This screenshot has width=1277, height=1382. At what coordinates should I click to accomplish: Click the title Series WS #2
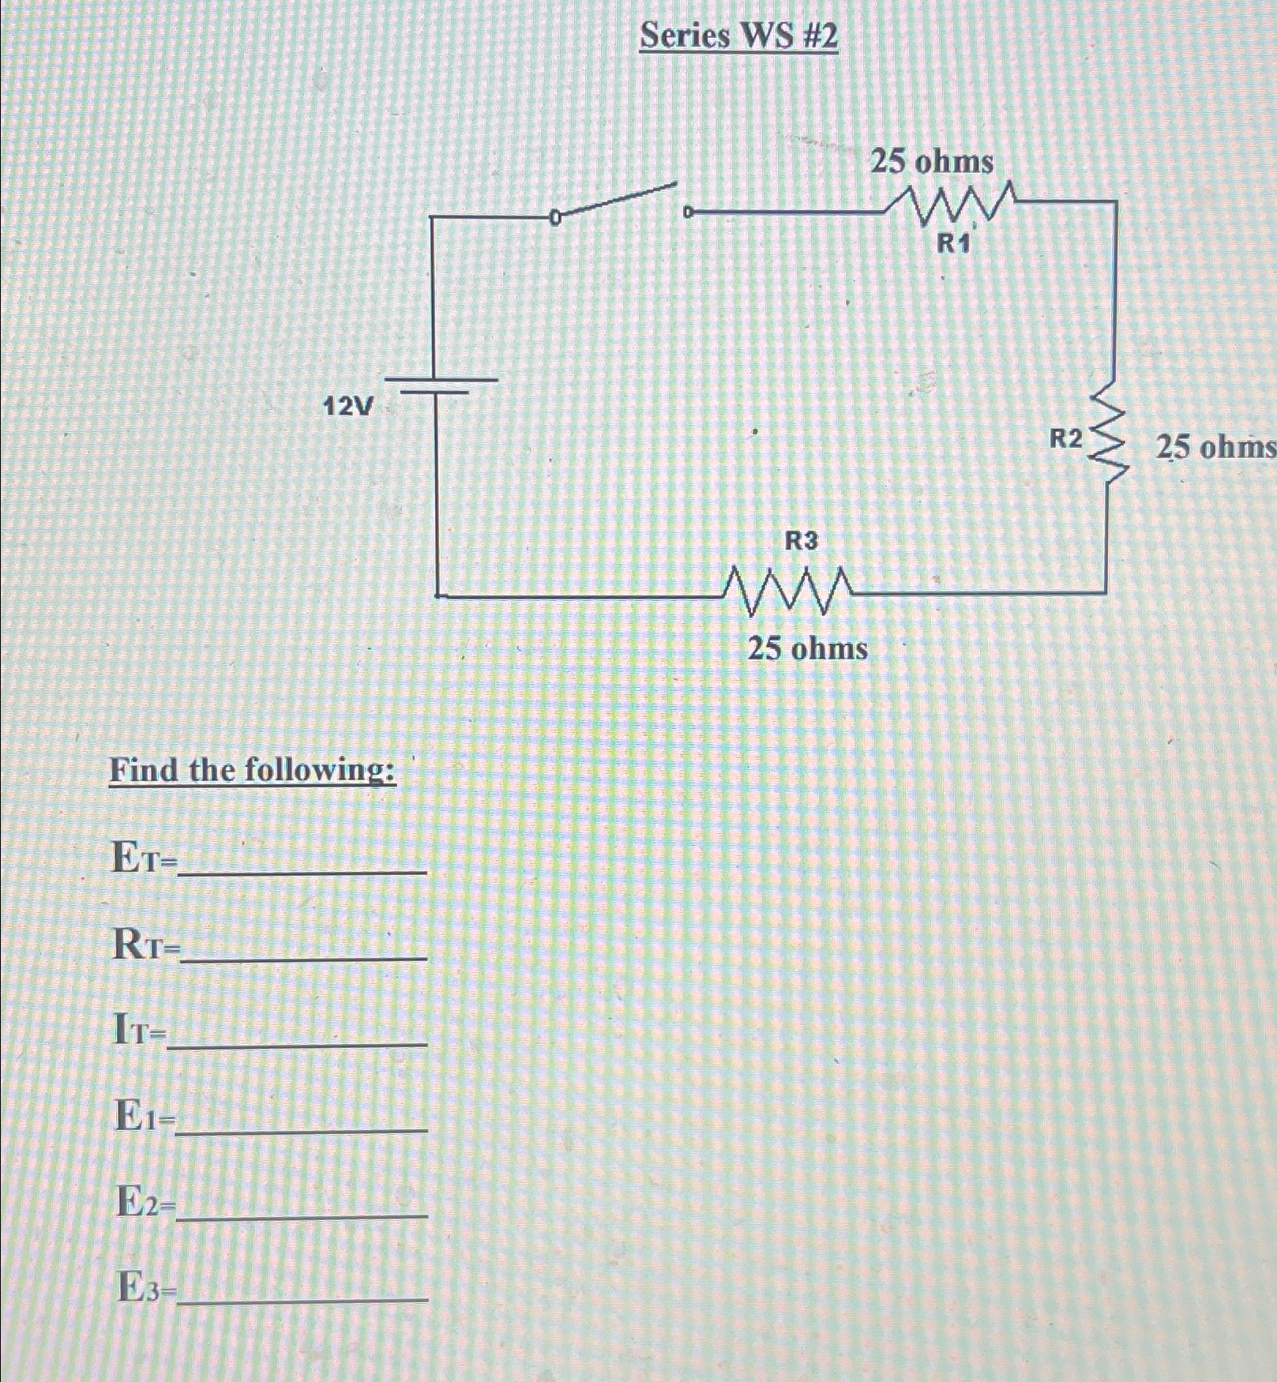pyautogui.click(x=738, y=36)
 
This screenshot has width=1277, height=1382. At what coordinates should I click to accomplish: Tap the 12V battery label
pyautogui.click(x=348, y=407)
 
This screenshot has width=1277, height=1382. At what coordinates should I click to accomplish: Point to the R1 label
pyautogui.click(x=952, y=244)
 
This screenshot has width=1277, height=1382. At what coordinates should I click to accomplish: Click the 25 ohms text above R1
pyautogui.click(x=932, y=162)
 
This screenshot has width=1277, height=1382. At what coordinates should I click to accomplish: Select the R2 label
pyautogui.click(x=1066, y=438)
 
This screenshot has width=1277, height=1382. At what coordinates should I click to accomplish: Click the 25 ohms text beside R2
pyautogui.click(x=1215, y=448)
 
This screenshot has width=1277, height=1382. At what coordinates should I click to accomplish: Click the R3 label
pyautogui.click(x=801, y=541)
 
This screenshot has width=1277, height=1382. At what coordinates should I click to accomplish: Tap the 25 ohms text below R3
pyautogui.click(x=807, y=649)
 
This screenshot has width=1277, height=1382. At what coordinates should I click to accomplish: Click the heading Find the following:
pyautogui.click(x=253, y=769)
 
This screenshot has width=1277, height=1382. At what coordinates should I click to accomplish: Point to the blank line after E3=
pyautogui.click(x=303, y=1298)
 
